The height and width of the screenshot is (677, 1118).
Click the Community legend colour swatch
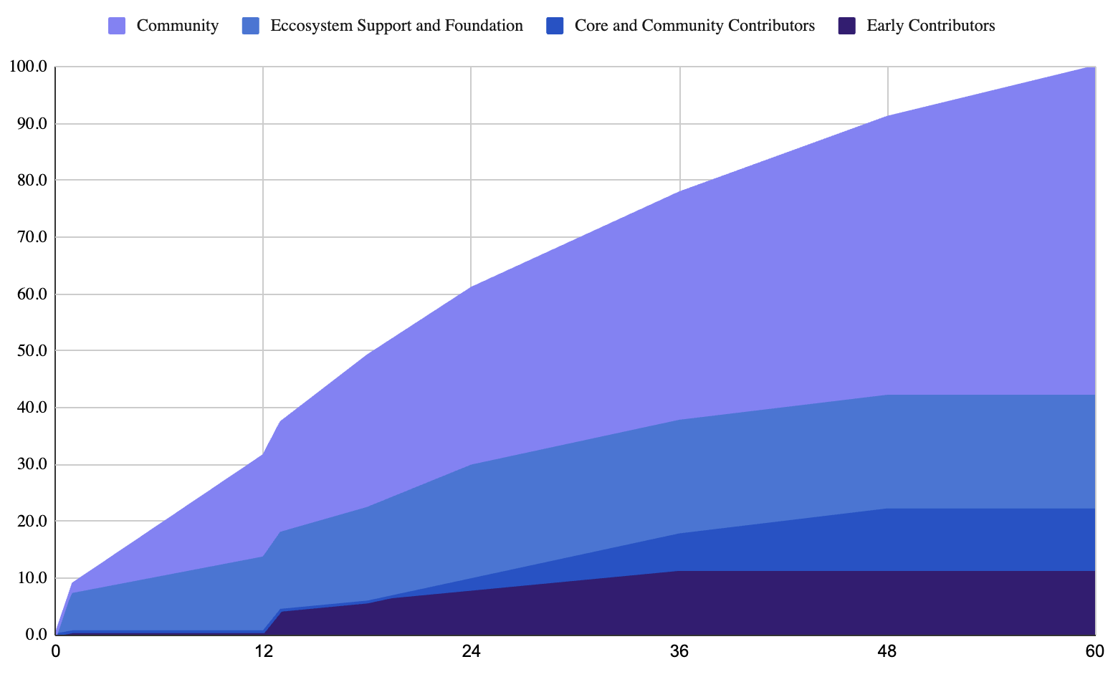pyautogui.click(x=117, y=26)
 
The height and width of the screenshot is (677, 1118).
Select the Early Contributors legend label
pyautogui.click(x=930, y=26)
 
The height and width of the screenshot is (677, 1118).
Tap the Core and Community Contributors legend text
pyautogui.click(x=694, y=26)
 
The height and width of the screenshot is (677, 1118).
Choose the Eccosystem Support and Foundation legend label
pyautogui.click(x=396, y=26)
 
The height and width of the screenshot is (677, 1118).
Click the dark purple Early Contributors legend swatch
pyautogui.click(x=846, y=26)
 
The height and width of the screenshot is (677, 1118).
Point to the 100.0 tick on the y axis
pyautogui.click(x=28, y=67)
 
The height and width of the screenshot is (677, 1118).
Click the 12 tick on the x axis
pyautogui.click(x=264, y=652)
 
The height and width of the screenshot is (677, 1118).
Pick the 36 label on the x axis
pyautogui.click(x=679, y=652)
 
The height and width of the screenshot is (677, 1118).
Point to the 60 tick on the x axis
pyautogui.click(x=1094, y=652)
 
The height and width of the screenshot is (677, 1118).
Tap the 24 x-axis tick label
pyautogui.click(x=472, y=652)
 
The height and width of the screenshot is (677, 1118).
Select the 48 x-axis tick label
pyautogui.click(x=887, y=652)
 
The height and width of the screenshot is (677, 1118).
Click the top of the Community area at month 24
pyautogui.click(x=472, y=287)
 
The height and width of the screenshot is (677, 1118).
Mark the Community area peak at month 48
pyautogui.click(x=887, y=116)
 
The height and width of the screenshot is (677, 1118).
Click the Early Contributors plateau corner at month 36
pyautogui.click(x=679, y=571)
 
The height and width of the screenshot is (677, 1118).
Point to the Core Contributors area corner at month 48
pyautogui.click(x=887, y=509)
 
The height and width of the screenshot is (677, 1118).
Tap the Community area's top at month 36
pyautogui.click(x=679, y=192)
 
